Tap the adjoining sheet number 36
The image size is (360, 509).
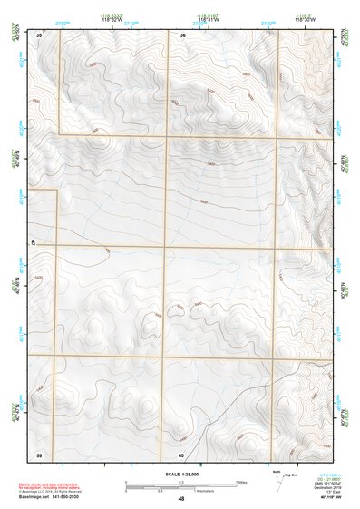click(x=183, y=34)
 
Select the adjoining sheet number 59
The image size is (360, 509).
click(x=39, y=455)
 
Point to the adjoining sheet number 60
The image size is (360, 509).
click(x=182, y=455)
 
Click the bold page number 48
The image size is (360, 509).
click(x=182, y=498)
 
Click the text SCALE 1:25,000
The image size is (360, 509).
click(x=182, y=473)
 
